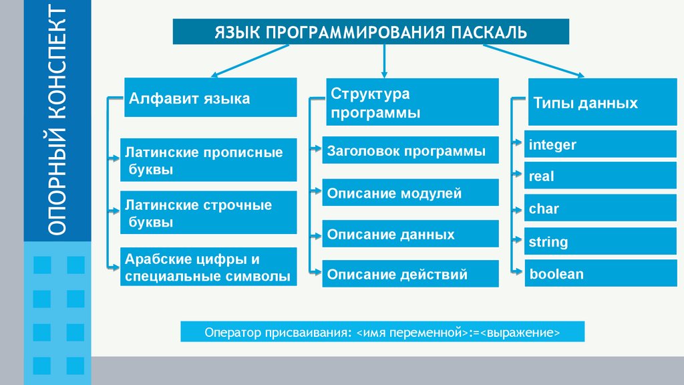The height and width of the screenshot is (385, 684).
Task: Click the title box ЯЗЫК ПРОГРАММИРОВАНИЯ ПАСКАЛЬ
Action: [x=371, y=31]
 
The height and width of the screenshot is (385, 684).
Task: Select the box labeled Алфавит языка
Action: [x=210, y=98]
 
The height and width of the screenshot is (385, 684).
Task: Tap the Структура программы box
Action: [x=411, y=102]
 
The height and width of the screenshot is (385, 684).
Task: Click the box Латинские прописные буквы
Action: [x=208, y=160]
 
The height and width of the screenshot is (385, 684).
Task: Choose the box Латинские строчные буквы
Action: [x=208, y=213]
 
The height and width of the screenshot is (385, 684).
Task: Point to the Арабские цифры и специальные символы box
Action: [x=208, y=267]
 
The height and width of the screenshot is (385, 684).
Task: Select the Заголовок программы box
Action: [x=410, y=150]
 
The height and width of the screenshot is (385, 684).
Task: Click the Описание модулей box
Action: [x=410, y=192]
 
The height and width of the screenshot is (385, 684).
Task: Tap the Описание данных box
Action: [x=410, y=234]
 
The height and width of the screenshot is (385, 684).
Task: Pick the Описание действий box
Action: [x=410, y=273]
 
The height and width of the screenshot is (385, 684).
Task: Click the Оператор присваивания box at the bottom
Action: [x=382, y=332]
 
